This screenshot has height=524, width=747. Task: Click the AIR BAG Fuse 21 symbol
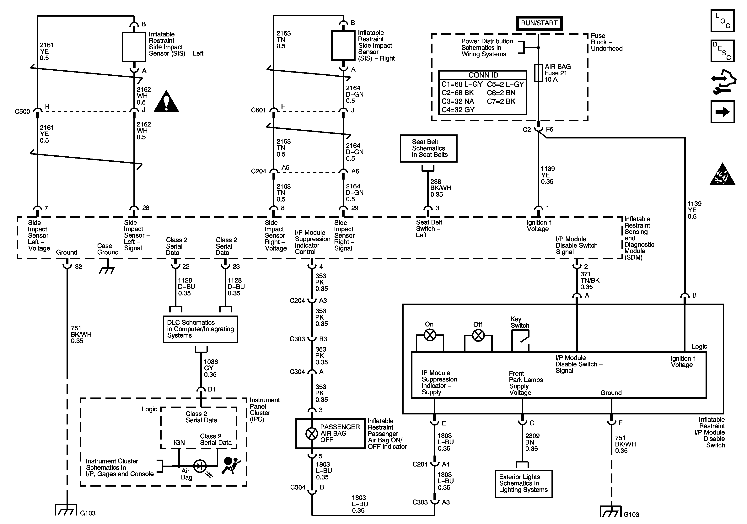pyautogui.click(x=538, y=72)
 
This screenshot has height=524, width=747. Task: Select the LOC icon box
pyautogui.click(x=722, y=20)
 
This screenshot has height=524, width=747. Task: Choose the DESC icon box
pyautogui.click(x=722, y=51)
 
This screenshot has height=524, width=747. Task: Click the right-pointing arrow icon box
pyautogui.click(x=722, y=112)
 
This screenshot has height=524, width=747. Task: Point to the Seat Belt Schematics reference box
pyautogui.click(x=428, y=149)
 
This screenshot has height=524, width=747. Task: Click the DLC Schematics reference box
pyautogui.click(x=200, y=329)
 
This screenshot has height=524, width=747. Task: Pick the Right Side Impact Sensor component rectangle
pyautogui.click(x=343, y=46)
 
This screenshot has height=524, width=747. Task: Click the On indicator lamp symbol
pyautogui.click(x=430, y=335)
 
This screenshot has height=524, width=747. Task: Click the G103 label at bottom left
pyautogui.click(x=88, y=513)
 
